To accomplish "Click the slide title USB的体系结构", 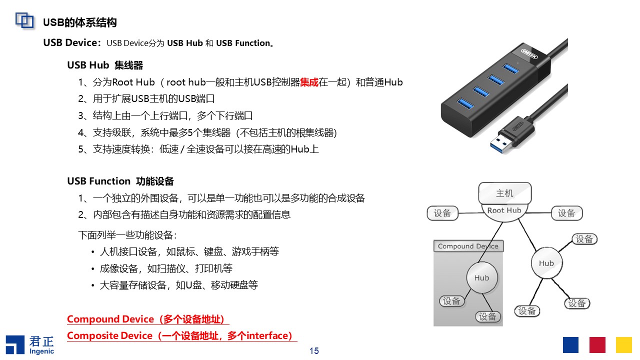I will pyautogui.click(x=80, y=22).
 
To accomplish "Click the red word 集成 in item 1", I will pyautogui.click(x=309, y=82).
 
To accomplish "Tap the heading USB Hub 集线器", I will pyautogui.click(x=105, y=65).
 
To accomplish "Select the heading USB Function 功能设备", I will pyautogui.click(x=120, y=181).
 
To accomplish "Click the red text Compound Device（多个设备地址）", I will pyautogui.click(x=145, y=319).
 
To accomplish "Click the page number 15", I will pyautogui.click(x=314, y=351).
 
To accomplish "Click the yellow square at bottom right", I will pyautogui.click(x=624, y=345).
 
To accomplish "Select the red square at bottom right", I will pyautogui.click(x=597, y=345).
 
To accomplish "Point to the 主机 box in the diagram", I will pyautogui.click(x=504, y=193).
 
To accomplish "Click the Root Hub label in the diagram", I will pyautogui.click(x=504, y=210).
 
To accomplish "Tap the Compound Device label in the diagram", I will pyautogui.click(x=468, y=246).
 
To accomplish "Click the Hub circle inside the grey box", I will pyautogui.click(x=482, y=278).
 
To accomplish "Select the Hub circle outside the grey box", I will pyautogui.click(x=546, y=263).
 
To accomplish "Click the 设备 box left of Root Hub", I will pyautogui.click(x=442, y=213).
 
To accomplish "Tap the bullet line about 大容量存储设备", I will pyautogui.click(x=178, y=285).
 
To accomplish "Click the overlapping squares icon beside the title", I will pyautogui.click(x=24, y=20).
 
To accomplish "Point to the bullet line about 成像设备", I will pyautogui.click(x=166, y=268).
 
